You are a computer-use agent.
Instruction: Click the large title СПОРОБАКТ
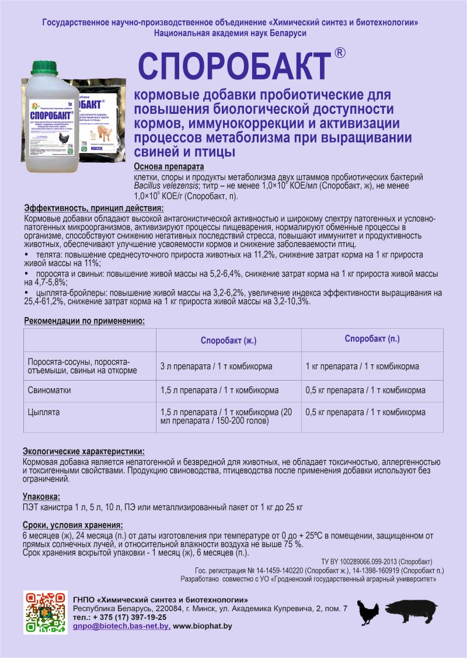click(x=234, y=67)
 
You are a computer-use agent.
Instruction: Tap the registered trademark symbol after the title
click(x=340, y=53)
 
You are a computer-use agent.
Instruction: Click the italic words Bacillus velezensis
click(x=165, y=186)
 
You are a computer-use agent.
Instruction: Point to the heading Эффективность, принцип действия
click(x=94, y=208)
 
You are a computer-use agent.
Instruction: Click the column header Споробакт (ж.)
click(x=228, y=340)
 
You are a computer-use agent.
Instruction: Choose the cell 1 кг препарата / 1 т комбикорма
click(x=362, y=367)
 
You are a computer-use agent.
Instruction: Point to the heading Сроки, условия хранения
click(x=72, y=525)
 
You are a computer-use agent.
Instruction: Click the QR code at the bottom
click(x=44, y=612)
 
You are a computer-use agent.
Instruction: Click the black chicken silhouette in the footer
click(x=368, y=612)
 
